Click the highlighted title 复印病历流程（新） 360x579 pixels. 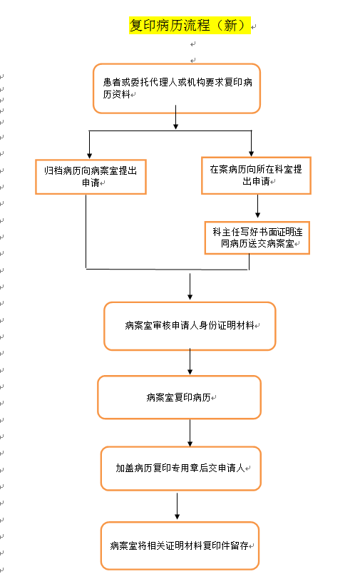[x=190, y=26]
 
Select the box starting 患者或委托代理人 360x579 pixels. [x=177, y=88]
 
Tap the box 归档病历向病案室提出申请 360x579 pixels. [x=91, y=177]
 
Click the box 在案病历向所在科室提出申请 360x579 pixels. [x=256, y=175]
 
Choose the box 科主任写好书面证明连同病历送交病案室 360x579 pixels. [x=257, y=238]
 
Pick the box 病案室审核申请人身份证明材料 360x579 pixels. [x=190, y=326]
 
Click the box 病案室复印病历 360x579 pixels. [x=180, y=397]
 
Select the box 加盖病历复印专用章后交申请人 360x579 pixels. [x=181, y=468]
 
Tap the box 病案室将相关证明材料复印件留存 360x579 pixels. [x=180, y=545]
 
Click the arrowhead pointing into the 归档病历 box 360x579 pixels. [x=89, y=156]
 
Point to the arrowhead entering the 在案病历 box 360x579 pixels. [x=251, y=153]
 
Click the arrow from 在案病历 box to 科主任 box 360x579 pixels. [x=258, y=206]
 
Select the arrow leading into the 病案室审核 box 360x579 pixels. [x=190, y=287]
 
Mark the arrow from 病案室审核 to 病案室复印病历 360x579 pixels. [x=190, y=362]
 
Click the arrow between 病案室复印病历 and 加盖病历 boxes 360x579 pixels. [x=190, y=433]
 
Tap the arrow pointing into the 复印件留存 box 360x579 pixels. [x=178, y=506]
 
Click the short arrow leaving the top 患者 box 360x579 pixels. [x=176, y=118]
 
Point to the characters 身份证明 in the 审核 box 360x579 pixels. [x=217, y=325]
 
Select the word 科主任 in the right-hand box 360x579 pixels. [x=227, y=232]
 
